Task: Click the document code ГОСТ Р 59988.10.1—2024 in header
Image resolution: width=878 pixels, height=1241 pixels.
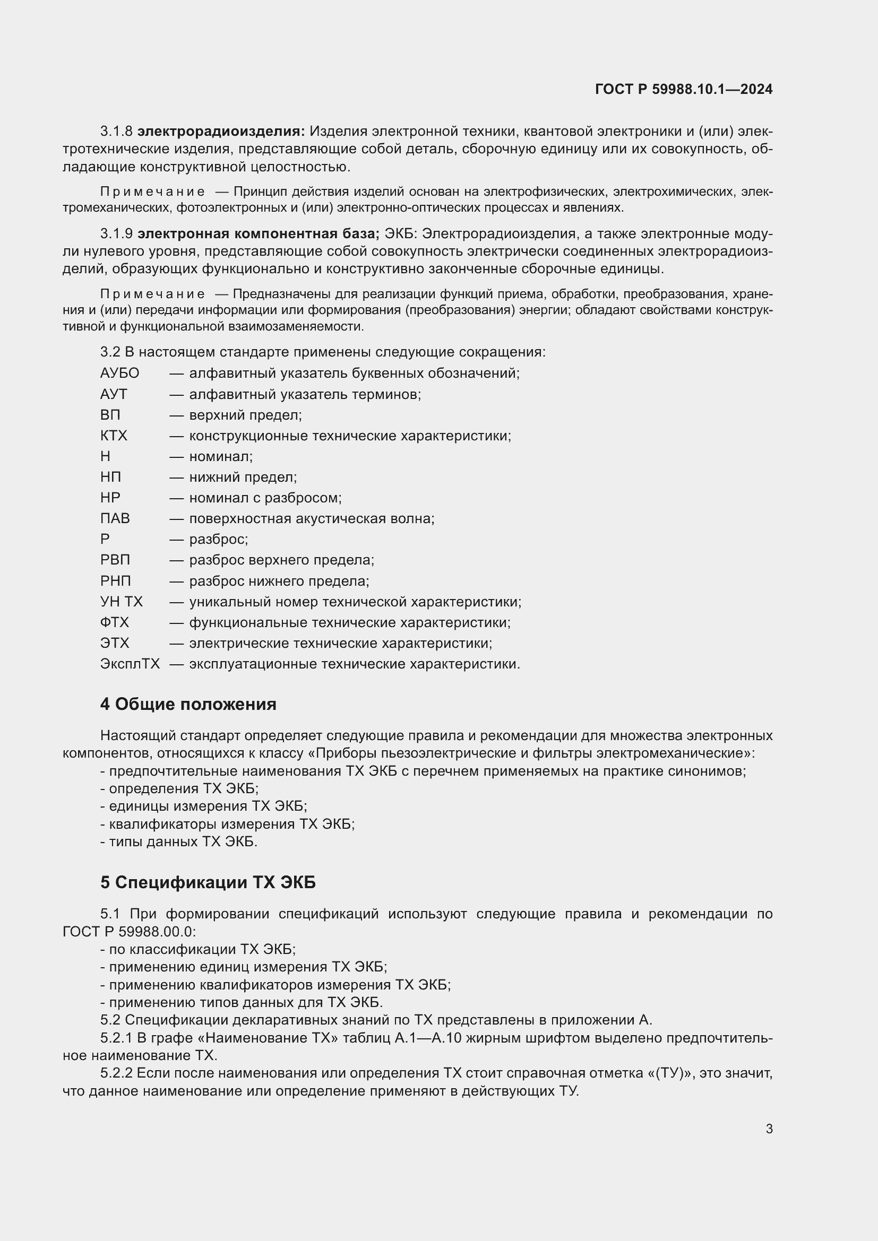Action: pos(683,89)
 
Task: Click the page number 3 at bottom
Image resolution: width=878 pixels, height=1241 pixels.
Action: pos(769,1129)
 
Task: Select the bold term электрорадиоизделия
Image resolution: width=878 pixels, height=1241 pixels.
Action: pos(221,132)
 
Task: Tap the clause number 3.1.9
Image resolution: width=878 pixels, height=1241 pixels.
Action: pos(116,233)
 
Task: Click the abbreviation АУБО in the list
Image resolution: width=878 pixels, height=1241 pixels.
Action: pos(119,373)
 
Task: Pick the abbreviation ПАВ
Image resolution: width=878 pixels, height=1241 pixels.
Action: pos(115,518)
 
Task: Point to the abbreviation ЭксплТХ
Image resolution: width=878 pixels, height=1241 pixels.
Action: pos(130,664)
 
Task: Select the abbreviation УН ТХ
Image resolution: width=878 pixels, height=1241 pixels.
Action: pos(121,602)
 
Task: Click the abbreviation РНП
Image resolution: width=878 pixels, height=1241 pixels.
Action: pos(116,581)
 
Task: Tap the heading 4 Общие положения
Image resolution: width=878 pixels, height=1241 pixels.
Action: pos(188,704)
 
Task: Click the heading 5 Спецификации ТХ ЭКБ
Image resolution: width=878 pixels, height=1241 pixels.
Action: pos(208,883)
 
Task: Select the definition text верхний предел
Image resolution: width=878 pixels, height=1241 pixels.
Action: pos(245,414)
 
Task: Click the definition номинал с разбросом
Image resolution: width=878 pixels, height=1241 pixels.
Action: pos(265,497)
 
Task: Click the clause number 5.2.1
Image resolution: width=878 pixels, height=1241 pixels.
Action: pos(116,1038)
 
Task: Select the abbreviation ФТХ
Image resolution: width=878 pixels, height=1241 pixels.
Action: pos(115,622)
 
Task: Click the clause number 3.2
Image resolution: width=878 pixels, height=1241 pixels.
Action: pos(110,352)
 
